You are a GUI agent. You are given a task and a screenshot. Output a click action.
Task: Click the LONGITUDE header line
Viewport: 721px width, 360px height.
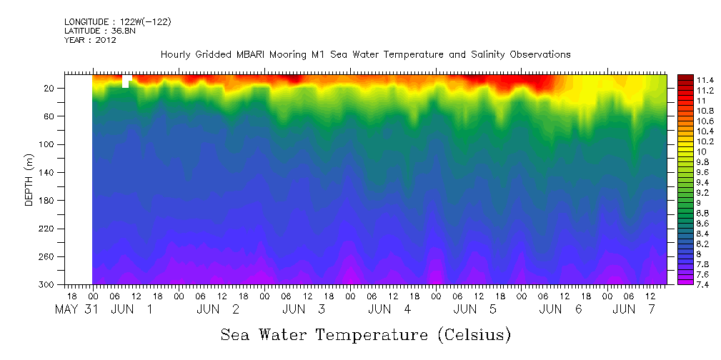[118, 21]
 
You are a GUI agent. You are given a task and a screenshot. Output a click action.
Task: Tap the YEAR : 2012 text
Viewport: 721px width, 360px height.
[90, 40]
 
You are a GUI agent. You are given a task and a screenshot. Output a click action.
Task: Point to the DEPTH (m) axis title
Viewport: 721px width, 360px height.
[29, 183]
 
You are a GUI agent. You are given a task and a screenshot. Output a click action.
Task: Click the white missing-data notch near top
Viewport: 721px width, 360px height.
[126, 81]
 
